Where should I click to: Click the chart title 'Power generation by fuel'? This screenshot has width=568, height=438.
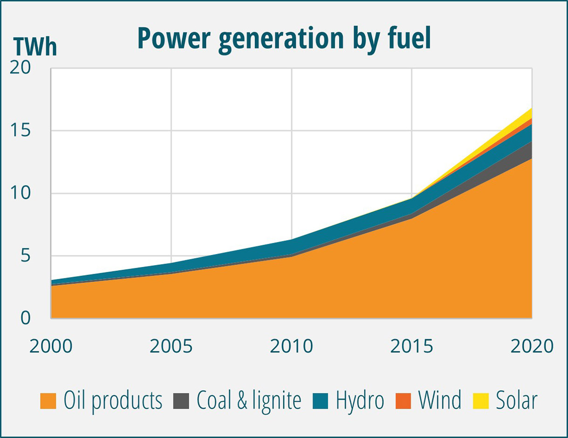pos(284,39)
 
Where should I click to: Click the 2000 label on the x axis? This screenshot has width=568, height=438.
pos(51,347)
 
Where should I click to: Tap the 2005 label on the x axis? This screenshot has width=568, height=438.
pos(171,347)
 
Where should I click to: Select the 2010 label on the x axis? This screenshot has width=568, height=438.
pos(291,347)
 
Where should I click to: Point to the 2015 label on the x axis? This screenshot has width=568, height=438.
pos(412,347)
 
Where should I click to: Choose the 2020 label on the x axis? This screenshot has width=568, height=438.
pos(531,347)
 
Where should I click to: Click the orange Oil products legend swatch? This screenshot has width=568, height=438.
pos(48,401)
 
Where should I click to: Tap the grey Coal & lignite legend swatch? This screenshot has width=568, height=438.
pos(181,401)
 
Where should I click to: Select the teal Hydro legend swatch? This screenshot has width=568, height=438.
pos(320,401)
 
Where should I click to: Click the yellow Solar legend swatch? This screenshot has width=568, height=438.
pos(480,401)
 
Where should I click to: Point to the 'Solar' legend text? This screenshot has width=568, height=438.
pos(516,401)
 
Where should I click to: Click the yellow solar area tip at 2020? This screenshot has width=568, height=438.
pos(529,113)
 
